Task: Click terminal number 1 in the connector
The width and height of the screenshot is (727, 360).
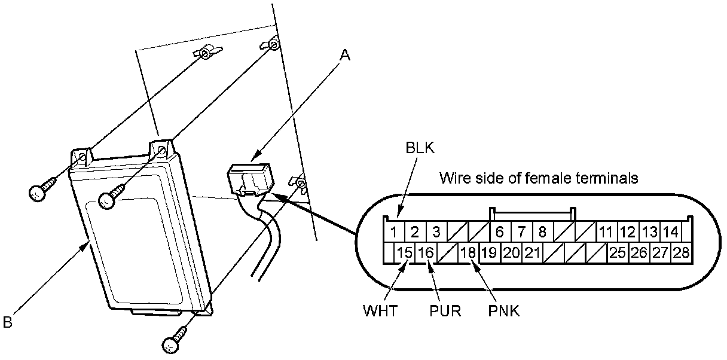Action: point(393,232)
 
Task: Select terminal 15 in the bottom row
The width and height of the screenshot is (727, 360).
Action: point(405,252)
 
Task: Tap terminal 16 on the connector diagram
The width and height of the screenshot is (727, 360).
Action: point(426,252)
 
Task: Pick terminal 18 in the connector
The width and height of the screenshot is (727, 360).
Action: point(468,252)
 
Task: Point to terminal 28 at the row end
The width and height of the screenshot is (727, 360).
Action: point(681,252)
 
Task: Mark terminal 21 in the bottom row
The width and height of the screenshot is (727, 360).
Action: point(532,252)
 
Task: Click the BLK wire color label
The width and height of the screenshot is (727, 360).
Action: point(420,148)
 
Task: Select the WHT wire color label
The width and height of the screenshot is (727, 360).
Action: point(380,310)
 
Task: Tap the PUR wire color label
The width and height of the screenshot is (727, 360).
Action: point(445,310)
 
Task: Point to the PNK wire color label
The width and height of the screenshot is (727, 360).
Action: point(504,310)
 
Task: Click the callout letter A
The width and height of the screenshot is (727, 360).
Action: point(345,55)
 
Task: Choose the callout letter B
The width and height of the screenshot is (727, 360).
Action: point(7,322)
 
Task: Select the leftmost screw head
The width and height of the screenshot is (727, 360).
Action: point(39,193)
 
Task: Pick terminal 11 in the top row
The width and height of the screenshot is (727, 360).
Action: point(606,232)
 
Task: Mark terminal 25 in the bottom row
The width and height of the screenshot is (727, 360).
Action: point(618,252)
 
